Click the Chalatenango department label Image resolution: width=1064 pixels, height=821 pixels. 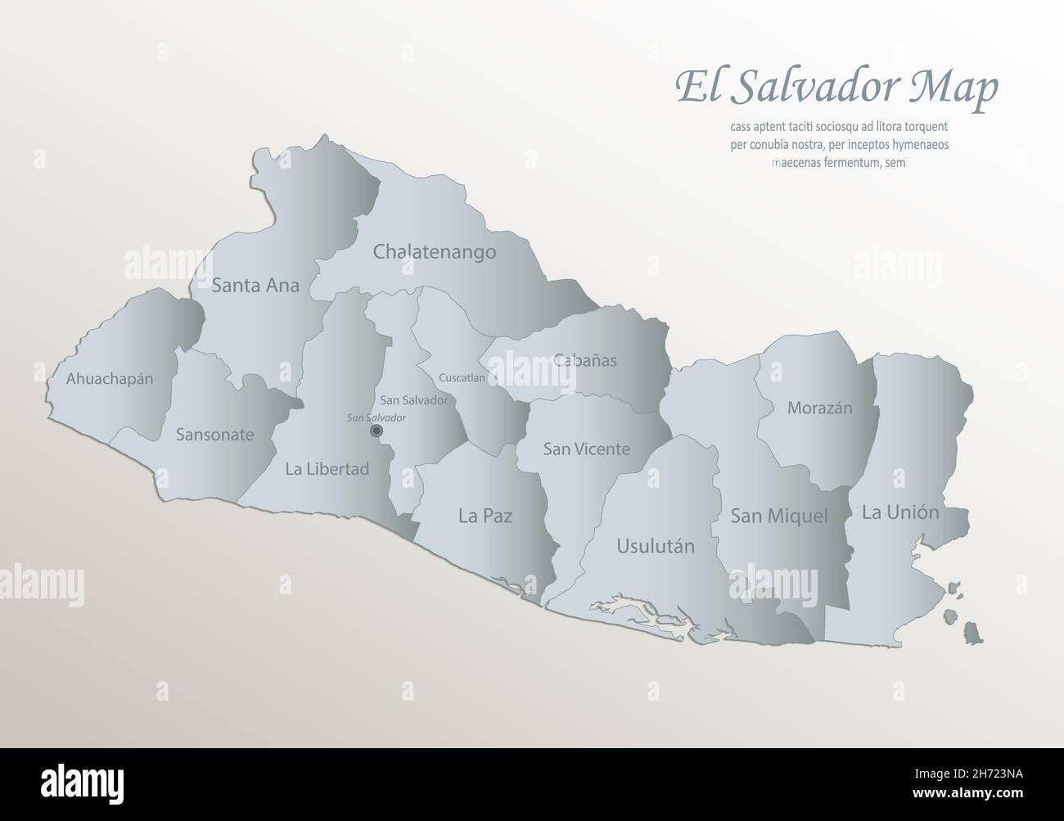click(435, 251)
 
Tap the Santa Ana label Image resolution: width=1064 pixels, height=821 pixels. click(255, 286)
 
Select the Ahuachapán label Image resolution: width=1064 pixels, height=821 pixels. click(110, 379)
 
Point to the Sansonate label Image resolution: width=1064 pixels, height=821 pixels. click(214, 435)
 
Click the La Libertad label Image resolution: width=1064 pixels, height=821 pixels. click(327, 469)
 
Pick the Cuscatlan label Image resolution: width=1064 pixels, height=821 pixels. click(462, 378)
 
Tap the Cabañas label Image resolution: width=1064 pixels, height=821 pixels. click(585, 360)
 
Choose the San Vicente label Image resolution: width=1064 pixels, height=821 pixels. click(587, 449)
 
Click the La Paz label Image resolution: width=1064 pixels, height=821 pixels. click(485, 516)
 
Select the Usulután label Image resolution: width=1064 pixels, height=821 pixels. click(656, 546)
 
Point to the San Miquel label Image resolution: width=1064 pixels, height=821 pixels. click(779, 516)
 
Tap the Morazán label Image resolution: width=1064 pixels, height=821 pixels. click(820, 408)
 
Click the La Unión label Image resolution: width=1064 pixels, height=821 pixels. click(900, 513)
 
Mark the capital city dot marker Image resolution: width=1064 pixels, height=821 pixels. click(376, 431)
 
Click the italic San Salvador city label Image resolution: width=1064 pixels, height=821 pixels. click(376, 417)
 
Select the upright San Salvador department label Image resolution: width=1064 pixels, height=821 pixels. click(414, 400)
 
